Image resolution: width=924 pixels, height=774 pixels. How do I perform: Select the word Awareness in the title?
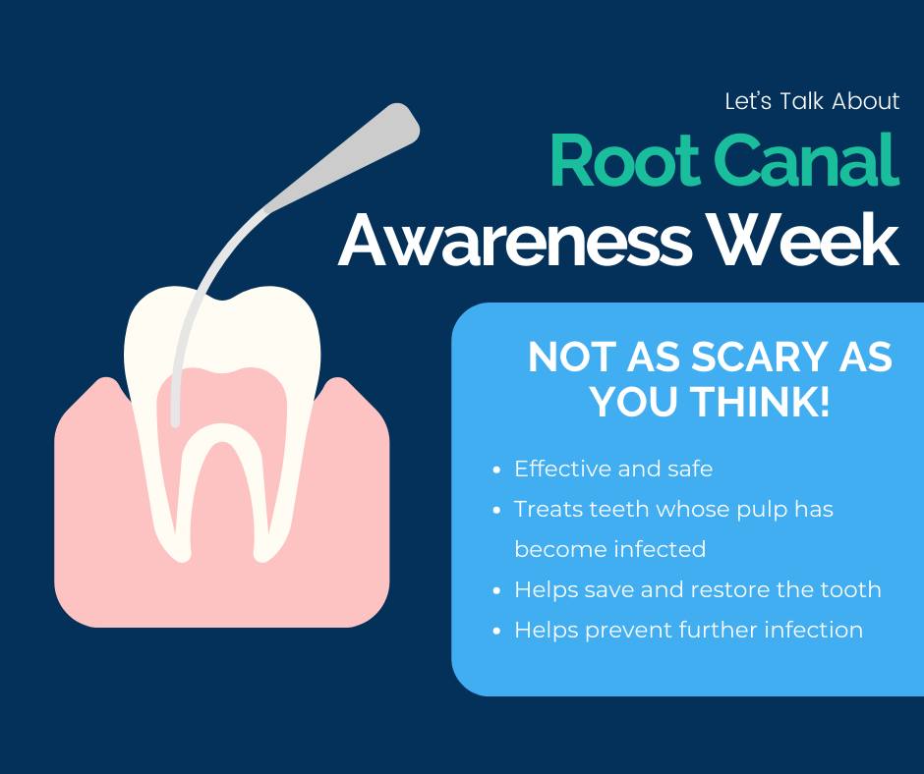(x=514, y=241)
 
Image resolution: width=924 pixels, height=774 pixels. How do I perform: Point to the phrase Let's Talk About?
(x=812, y=101)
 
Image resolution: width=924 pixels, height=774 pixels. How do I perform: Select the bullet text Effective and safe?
(x=613, y=469)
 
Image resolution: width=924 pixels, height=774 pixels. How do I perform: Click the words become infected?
(x=609, y=549)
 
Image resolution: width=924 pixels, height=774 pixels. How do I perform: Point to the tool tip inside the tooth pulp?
(x=175, y=421)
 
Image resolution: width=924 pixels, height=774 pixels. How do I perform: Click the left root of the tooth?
(x=168, y=501)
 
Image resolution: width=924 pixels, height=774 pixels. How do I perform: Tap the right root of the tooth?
(x=276, y=501)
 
